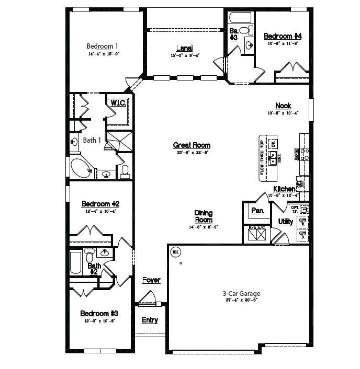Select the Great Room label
point(192,145)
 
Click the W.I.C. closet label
point(118,103)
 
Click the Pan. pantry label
point(257,211)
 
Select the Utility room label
point(286,222)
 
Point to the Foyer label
point(151,280)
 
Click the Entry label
point(150,320)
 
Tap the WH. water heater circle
point(175,252)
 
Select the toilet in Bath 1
point(125,171)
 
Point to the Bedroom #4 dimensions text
point(283,44)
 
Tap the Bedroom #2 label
point(100,204)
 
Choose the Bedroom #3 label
point(99,313)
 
